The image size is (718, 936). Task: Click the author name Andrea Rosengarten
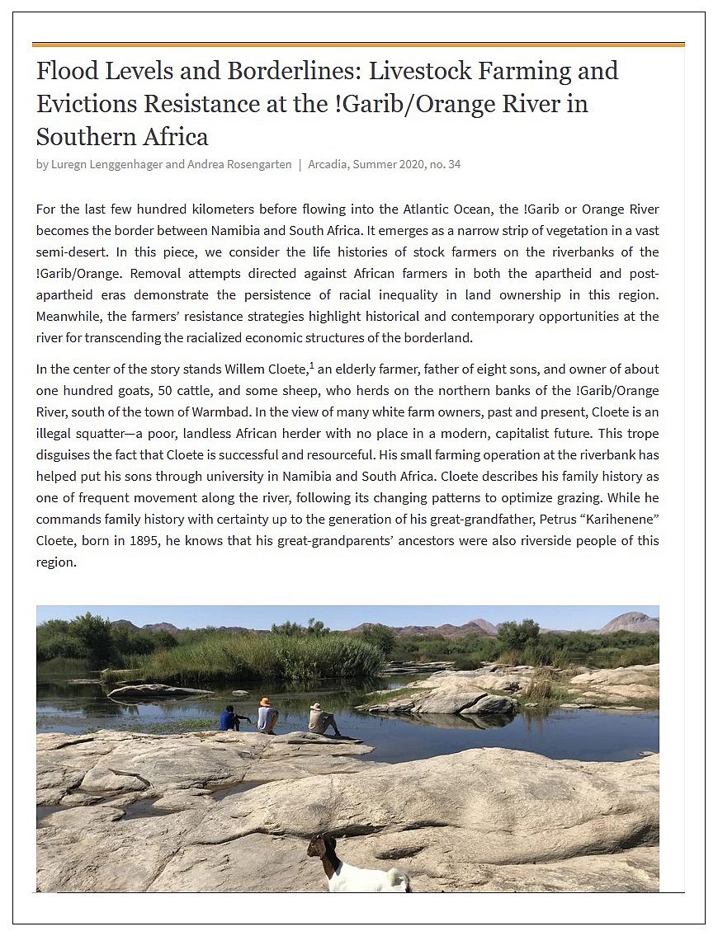[x=240, y=164]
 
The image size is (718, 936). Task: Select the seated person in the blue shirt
[x=230, y=718]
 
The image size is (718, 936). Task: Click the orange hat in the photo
[x=265, y=702]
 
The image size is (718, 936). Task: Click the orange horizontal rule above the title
[x=358, y=44]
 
